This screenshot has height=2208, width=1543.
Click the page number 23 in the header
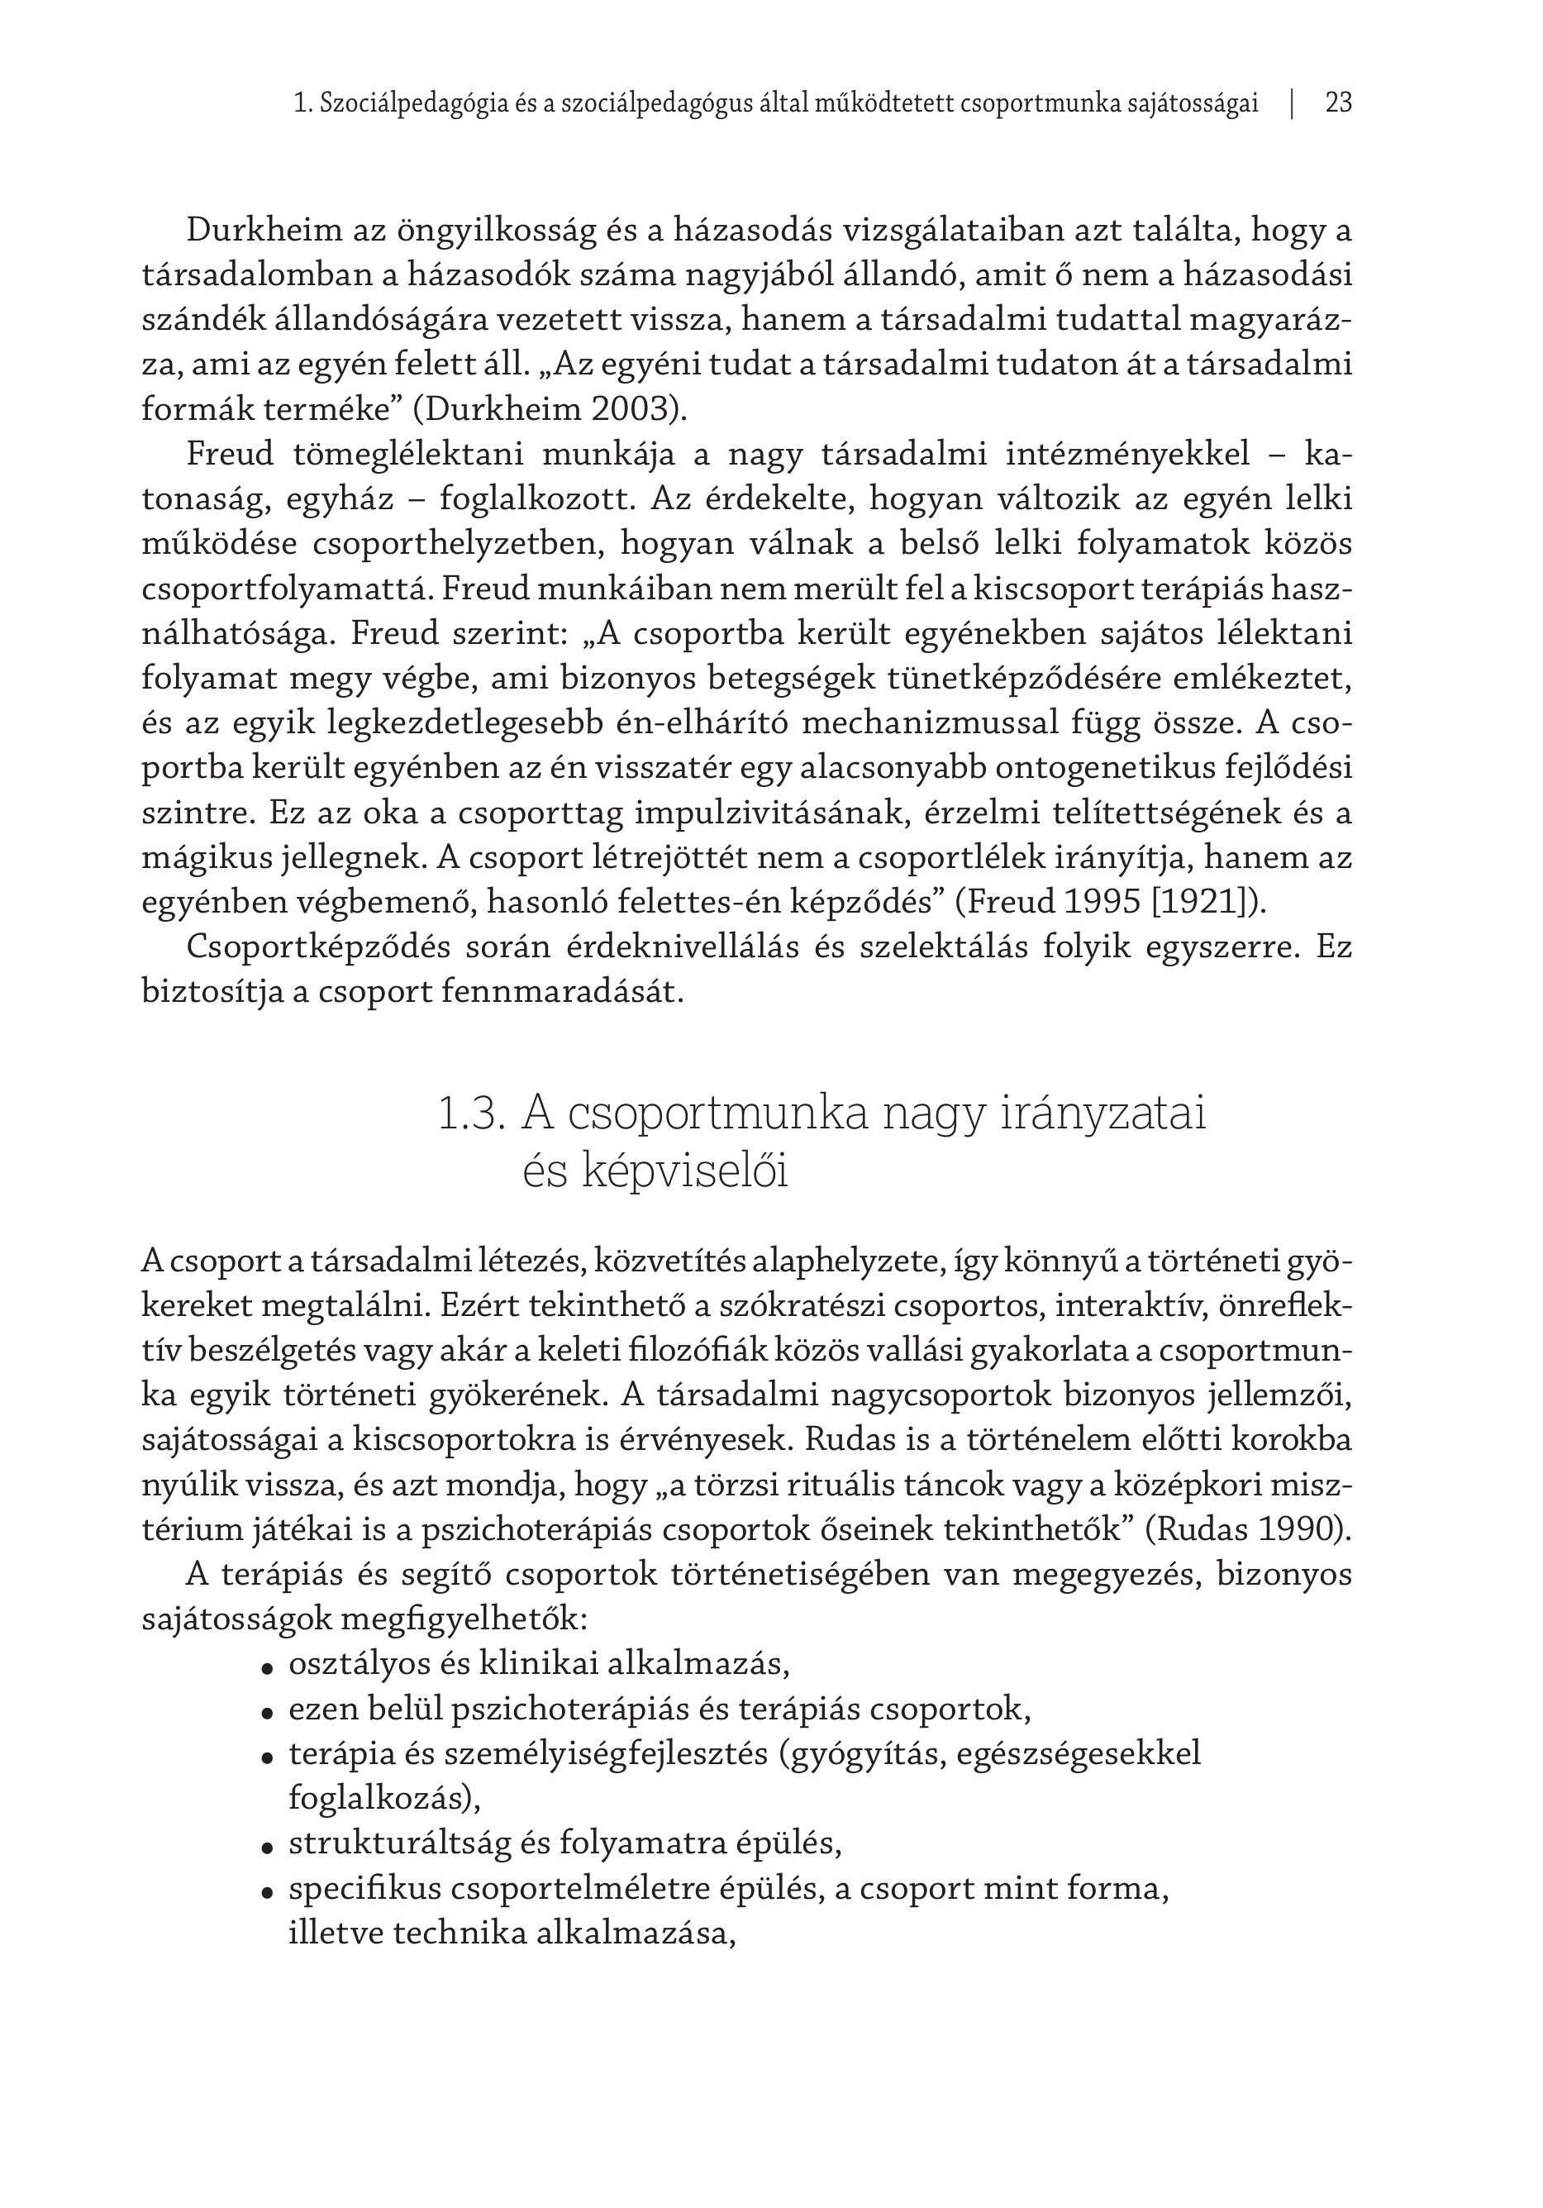pos(1337,103)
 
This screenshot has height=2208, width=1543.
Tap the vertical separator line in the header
pos(1292,103)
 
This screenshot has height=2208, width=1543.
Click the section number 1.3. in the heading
pos(471,1114)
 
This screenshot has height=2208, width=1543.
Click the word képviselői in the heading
pos(655,1171)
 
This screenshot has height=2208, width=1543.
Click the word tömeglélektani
pos(407,454)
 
